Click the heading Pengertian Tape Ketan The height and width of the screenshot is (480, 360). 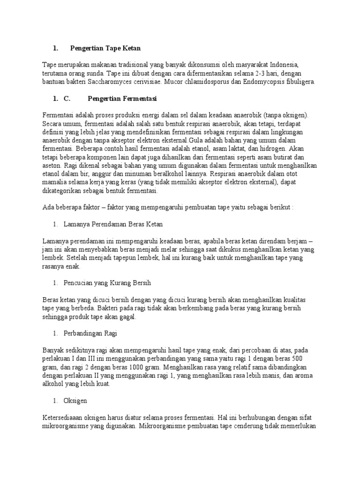pyautogui.click(x=105, y=48)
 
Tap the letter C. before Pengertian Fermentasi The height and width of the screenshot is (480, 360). pyautogui.click(x=66, y=99)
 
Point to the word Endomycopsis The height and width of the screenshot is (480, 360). pyautogui.click(x=269, y=82)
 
